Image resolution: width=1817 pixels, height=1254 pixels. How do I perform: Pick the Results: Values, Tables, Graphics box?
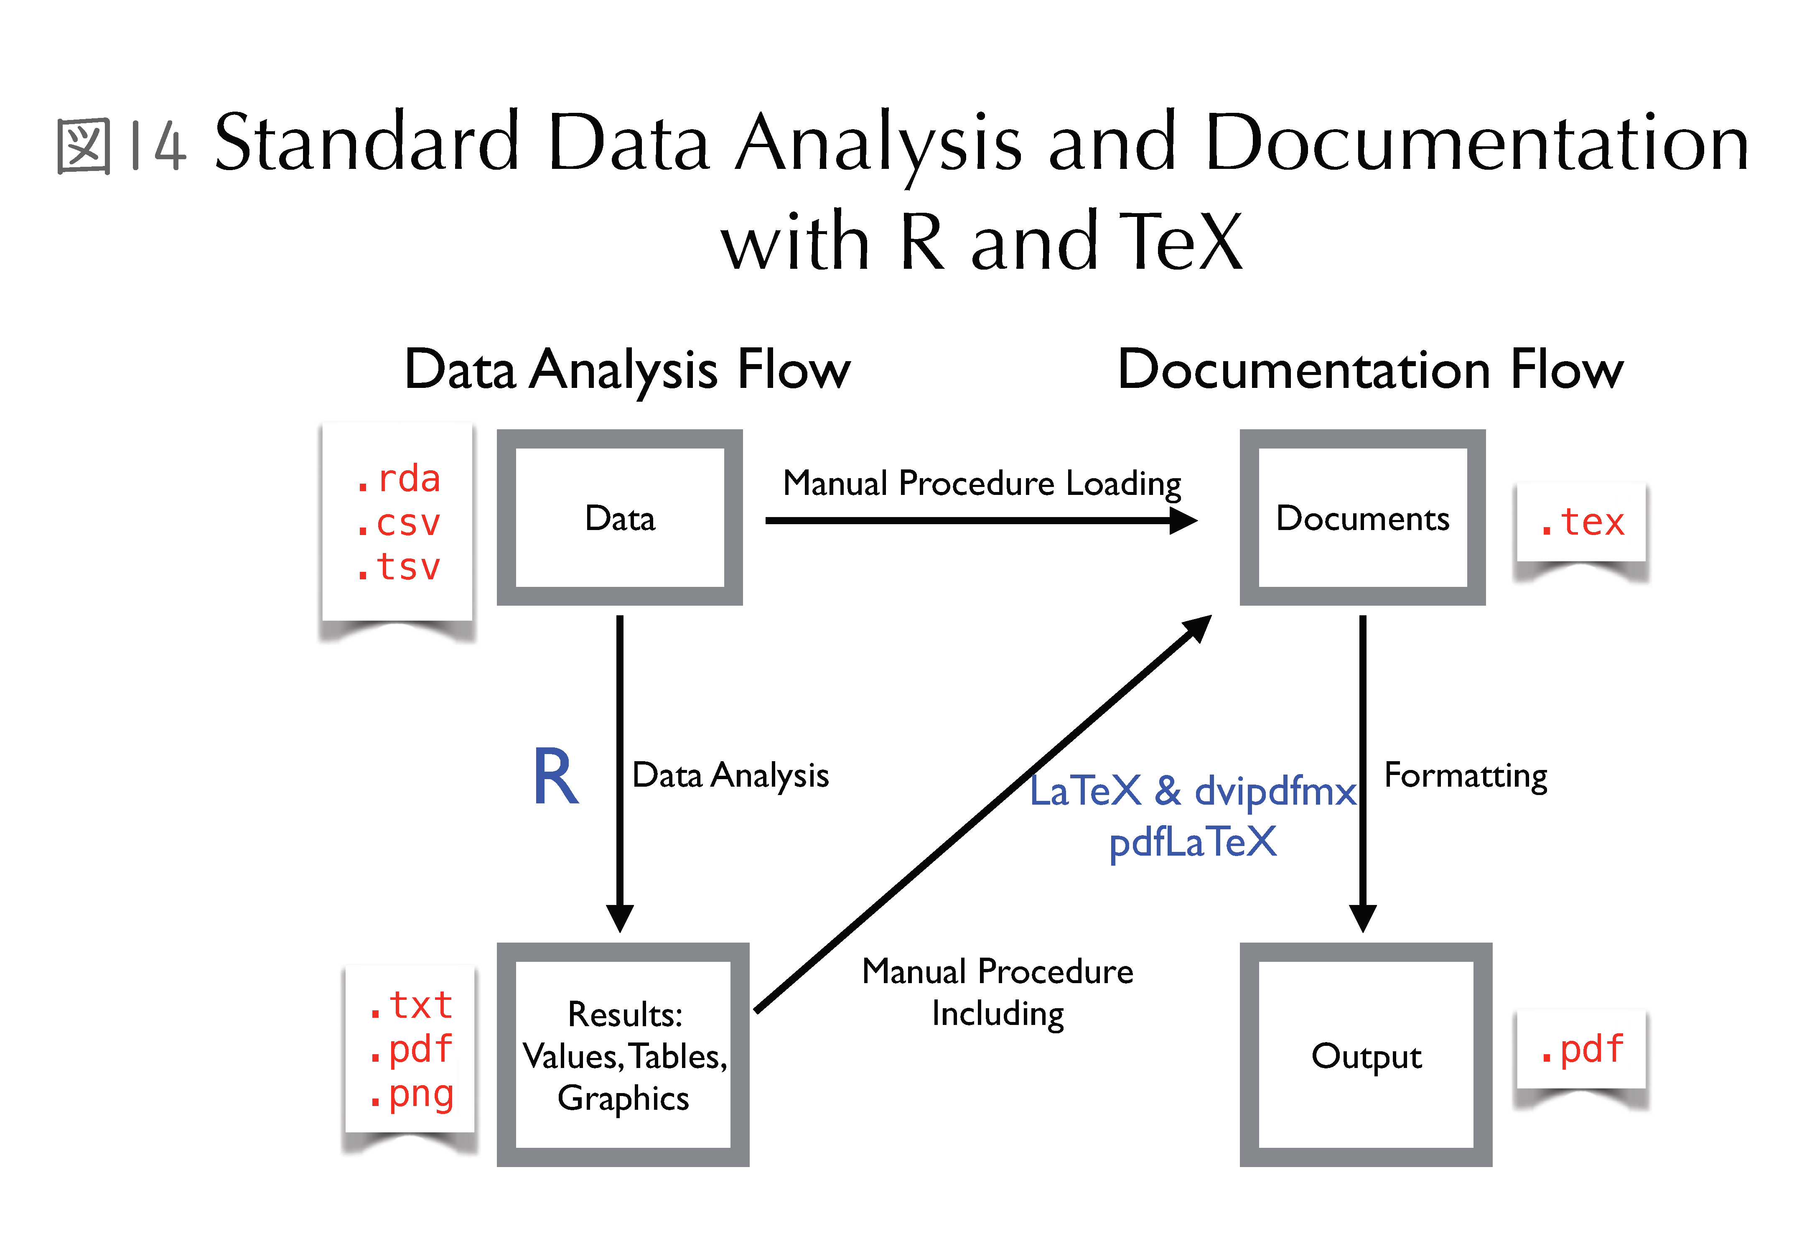click(x=623, y=1055)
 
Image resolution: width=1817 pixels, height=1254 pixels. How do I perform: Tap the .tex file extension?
click(x=1581, y=522)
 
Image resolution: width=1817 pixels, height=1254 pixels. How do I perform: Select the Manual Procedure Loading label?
click(x=982, y=483)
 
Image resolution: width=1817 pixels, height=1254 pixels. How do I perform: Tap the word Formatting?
click(x=1465, y=775)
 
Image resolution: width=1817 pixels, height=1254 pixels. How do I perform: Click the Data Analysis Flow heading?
click(x=627, y=369)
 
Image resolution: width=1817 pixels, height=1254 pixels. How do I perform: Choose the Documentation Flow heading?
click(x=1370, y=369)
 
